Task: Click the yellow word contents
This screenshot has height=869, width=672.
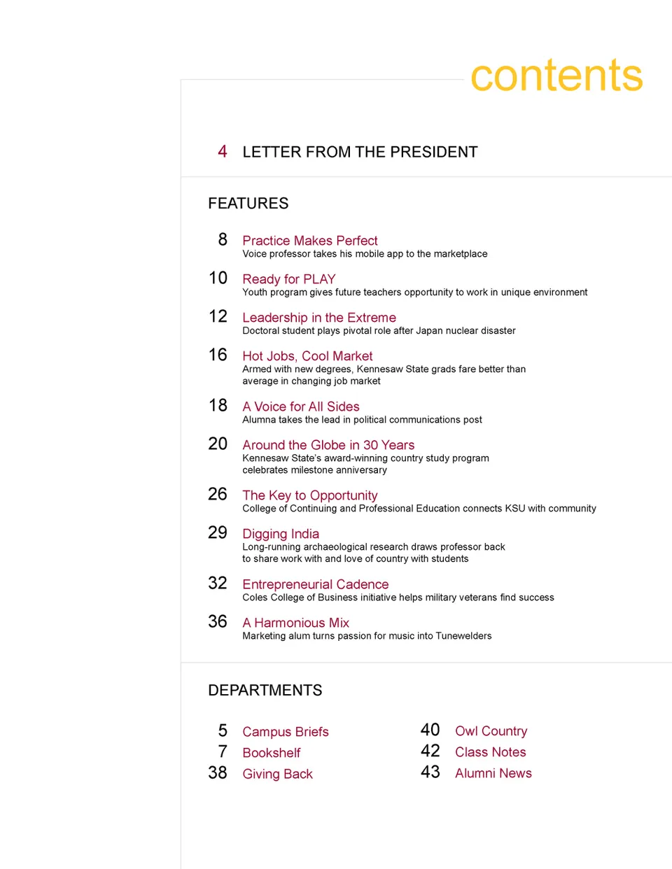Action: (556, 76)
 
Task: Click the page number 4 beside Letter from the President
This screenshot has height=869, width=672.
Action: (222, 152)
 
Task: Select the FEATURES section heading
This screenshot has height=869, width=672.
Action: (248, 204)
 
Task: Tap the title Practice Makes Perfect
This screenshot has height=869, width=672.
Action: (309, 241)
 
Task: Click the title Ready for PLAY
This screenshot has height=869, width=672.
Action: (288, 279)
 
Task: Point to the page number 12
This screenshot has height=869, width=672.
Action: (218, 317)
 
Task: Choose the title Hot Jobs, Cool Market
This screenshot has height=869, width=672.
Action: (307, 356)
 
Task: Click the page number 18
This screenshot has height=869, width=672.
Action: (218, 406)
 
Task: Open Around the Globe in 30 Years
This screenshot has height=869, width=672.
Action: (328, 445)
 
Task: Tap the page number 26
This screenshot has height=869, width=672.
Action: (218, 495)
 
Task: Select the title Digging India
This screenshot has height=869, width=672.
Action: (281, 534)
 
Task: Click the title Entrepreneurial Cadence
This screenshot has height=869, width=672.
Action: (315, 584)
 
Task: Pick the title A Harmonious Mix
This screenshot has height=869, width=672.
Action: (295, 623)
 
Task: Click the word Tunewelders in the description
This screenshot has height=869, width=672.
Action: (463, 636)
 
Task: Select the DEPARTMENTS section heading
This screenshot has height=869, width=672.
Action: (265, 691)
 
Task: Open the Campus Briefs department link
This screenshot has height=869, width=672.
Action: (285, 732)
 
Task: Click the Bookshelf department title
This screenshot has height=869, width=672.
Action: (271, 753)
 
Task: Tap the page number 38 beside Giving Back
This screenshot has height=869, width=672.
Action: (218, 773)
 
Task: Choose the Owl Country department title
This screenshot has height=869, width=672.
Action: (491, 731)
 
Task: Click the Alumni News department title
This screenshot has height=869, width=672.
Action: (493, 773)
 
